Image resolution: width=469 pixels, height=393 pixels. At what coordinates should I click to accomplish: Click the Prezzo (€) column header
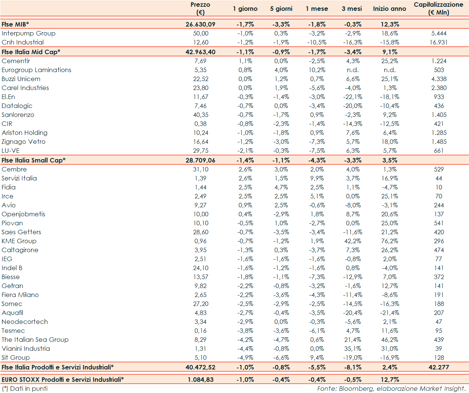point(200,9)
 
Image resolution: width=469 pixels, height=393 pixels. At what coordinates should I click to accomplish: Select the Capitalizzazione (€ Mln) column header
point(438,9)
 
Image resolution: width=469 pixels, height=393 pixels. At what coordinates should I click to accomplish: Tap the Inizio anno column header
point(389,9)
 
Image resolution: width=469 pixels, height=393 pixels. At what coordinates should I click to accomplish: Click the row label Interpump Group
point(28,33)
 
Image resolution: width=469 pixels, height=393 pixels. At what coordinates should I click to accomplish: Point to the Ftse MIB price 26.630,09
point(200,24)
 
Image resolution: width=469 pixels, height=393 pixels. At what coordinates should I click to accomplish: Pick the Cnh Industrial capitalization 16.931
point(438,42)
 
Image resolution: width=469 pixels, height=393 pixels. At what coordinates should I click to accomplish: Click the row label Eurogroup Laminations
point(36,70)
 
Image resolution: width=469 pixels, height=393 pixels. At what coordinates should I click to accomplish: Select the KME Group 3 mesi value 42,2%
point(352,241)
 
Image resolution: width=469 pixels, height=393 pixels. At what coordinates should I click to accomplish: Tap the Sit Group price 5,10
point(201,358)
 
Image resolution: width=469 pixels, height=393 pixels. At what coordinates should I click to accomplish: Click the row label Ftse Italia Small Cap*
point(33,160)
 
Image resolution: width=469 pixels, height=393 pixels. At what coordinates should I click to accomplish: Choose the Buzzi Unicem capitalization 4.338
point(439,79)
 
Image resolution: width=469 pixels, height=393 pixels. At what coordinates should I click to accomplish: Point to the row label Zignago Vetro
point(24,142)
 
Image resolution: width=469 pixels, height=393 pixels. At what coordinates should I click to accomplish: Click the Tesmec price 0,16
point(201,331)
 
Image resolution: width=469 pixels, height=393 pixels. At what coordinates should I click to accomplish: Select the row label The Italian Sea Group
point(35,340)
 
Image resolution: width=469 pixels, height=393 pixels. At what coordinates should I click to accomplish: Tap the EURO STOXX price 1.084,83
point(201,380)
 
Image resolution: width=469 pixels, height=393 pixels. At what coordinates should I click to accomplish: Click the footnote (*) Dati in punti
point(25,389)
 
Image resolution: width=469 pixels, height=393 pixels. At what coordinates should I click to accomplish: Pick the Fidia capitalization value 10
point(439,187)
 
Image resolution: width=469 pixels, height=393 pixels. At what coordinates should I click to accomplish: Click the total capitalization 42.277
point(439,367)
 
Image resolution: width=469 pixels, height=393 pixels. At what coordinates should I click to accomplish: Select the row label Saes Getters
point(21,232)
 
